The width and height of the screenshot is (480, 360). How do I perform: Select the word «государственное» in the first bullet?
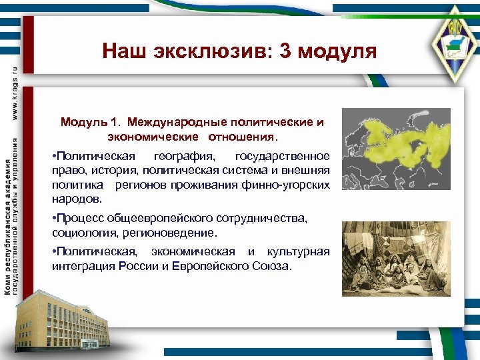[283, 156]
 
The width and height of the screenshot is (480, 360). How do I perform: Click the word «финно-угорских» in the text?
[292, 184]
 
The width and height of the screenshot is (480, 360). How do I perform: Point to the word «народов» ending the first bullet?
[76, 198]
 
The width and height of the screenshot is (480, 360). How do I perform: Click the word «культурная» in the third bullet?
[299, 252]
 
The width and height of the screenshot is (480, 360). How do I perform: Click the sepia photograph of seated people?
[401, 259]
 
